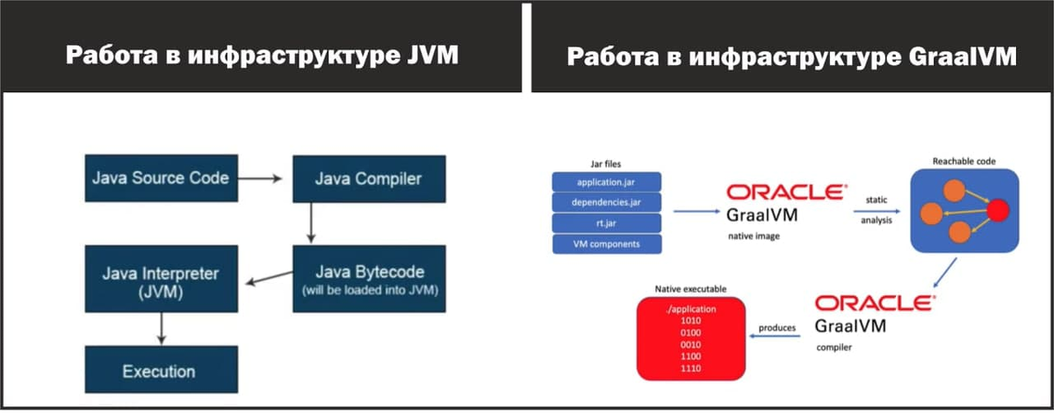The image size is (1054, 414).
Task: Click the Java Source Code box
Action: [x=161, y=178]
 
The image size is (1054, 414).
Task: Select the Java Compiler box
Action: [x=368, y=180]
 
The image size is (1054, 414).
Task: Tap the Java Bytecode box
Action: [x=369, y=279]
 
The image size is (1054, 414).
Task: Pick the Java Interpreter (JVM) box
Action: [x=161, y=280]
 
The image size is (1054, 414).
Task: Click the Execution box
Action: [x=161, y=370]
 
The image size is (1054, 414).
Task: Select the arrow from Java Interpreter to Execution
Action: [x=161, y=329]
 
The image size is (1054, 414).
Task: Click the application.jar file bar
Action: [x=606, y=182]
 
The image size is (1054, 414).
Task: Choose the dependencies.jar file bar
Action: [x=606, y=202]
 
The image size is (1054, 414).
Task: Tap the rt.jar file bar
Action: [x=606, y=223]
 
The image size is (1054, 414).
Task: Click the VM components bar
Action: [x=606, y=243]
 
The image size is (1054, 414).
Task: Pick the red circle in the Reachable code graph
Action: [x=998, y=210]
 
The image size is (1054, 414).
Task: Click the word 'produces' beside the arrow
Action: [x=778, y=328]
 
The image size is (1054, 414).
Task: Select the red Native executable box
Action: [x=690, y=339]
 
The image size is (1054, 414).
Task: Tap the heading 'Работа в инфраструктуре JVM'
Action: [x=263, y=57]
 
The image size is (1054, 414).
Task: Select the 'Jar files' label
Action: [x=606, y=163]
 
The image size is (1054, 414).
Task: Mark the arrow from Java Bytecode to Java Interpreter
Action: [x=267, y=280]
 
